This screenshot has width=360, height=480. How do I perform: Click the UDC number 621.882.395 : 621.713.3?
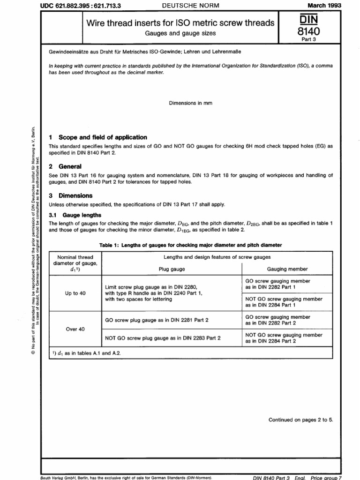(78, 5)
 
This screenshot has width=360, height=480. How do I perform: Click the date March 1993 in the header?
(324, 5)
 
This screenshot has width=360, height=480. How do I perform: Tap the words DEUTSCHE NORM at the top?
(187, 5)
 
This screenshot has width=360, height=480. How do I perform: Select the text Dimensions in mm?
(191, 103)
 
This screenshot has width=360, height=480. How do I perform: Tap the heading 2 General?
(65, 166)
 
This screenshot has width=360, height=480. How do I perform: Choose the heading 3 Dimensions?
(71, 195)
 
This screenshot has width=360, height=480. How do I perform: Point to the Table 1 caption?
(191, 245)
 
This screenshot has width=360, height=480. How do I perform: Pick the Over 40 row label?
(75, 329)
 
